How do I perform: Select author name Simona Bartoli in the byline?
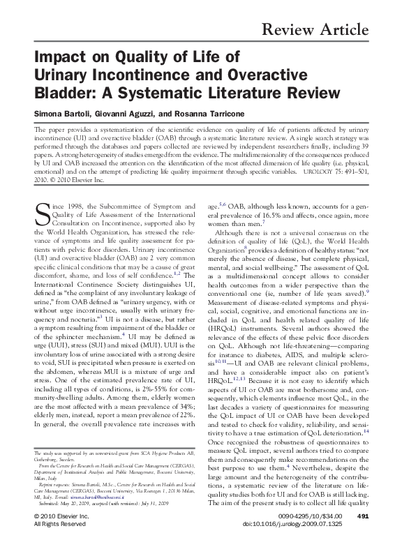[68, 114]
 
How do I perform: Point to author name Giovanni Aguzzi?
[140, 114]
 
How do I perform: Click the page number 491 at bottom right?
[362, 516]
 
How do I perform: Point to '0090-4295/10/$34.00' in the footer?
[310, 516]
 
